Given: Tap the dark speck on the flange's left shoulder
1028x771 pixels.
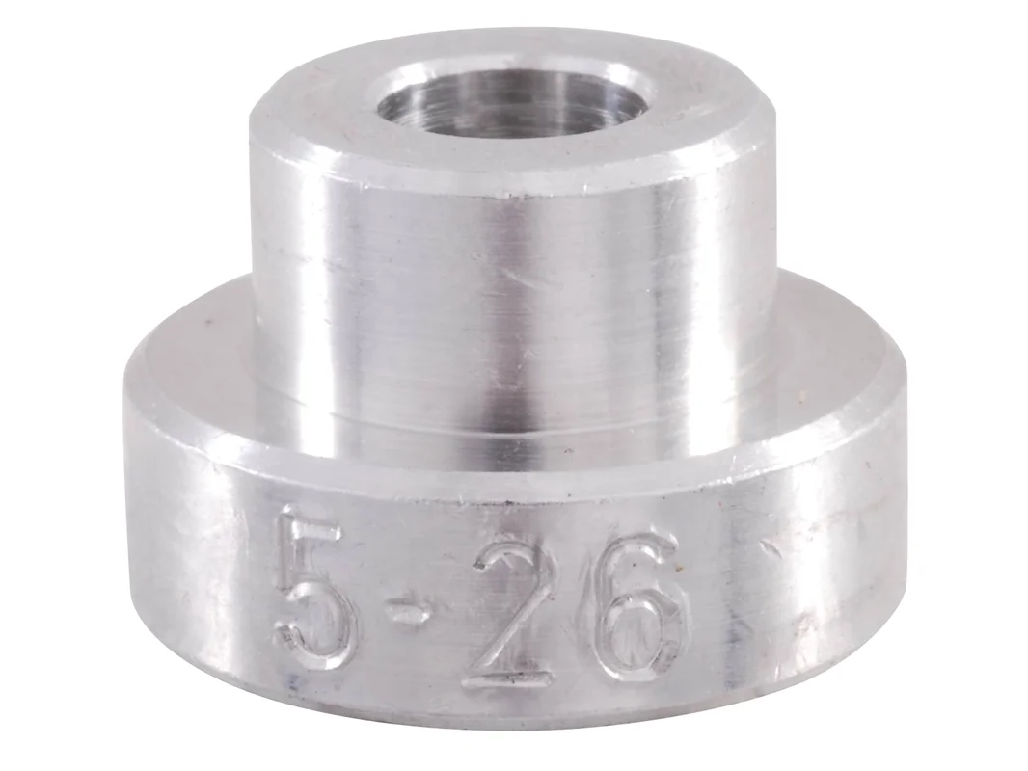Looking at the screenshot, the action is (x=207, y=323).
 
